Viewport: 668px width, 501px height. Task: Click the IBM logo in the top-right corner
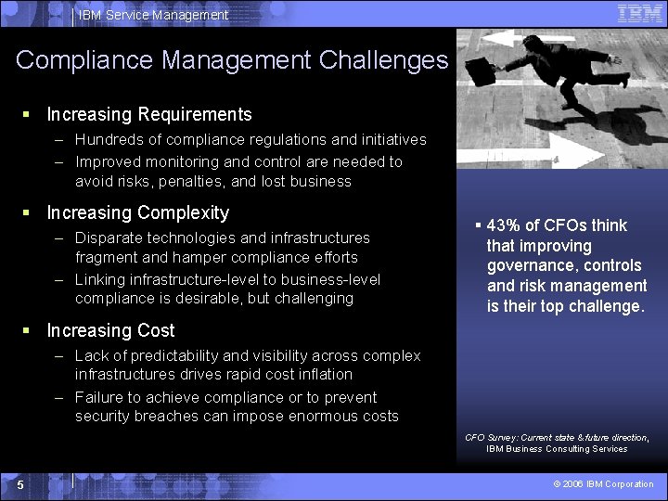[x=639, y=14]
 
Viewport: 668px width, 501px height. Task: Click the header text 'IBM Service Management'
[x=153, y=15]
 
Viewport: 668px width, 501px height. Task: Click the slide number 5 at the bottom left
[x=19, y=484]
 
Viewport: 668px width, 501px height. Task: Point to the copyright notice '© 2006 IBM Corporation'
[x=603, y=484]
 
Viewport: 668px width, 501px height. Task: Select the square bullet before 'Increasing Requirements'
[x=27, y=115]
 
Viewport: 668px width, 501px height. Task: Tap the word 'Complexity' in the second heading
[x=186, y=212]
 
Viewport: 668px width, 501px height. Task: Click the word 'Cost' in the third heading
[x=156, y=330]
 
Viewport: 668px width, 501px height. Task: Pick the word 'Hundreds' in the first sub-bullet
[x=107, y=140]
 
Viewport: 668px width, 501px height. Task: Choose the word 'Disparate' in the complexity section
[x=107, y=238]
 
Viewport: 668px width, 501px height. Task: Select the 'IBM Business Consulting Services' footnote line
[x=557, y=449]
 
